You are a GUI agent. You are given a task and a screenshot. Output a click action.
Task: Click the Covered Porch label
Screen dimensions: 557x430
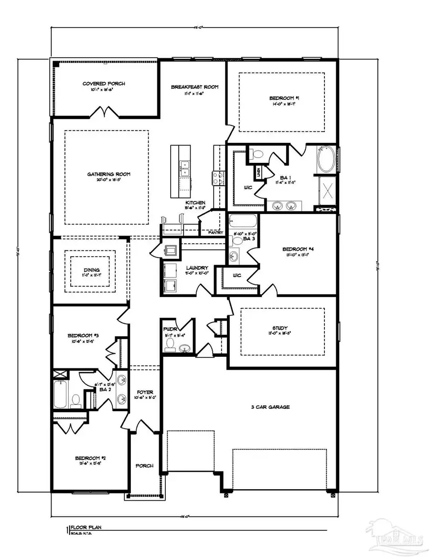click(104, 84)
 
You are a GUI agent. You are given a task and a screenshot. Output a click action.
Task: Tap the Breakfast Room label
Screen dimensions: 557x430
click(195, 87)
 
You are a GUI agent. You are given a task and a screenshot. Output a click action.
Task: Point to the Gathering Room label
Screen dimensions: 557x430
click(109, 174)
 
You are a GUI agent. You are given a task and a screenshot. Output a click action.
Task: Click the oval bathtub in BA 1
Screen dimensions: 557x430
click(327, 161)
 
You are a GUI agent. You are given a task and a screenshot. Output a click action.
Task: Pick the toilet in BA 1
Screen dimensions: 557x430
click(257, 153)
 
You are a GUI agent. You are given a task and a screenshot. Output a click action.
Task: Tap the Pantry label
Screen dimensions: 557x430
click(216, 233)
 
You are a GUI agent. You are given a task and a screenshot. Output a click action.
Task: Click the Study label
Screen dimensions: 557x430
click(280, 328)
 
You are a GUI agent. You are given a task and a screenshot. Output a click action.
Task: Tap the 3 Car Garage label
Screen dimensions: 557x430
click(270, 407)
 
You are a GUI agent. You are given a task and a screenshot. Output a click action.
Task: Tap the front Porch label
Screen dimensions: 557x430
click(144, 466)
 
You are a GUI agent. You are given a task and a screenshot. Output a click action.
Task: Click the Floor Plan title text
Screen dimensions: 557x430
click(86, 528)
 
